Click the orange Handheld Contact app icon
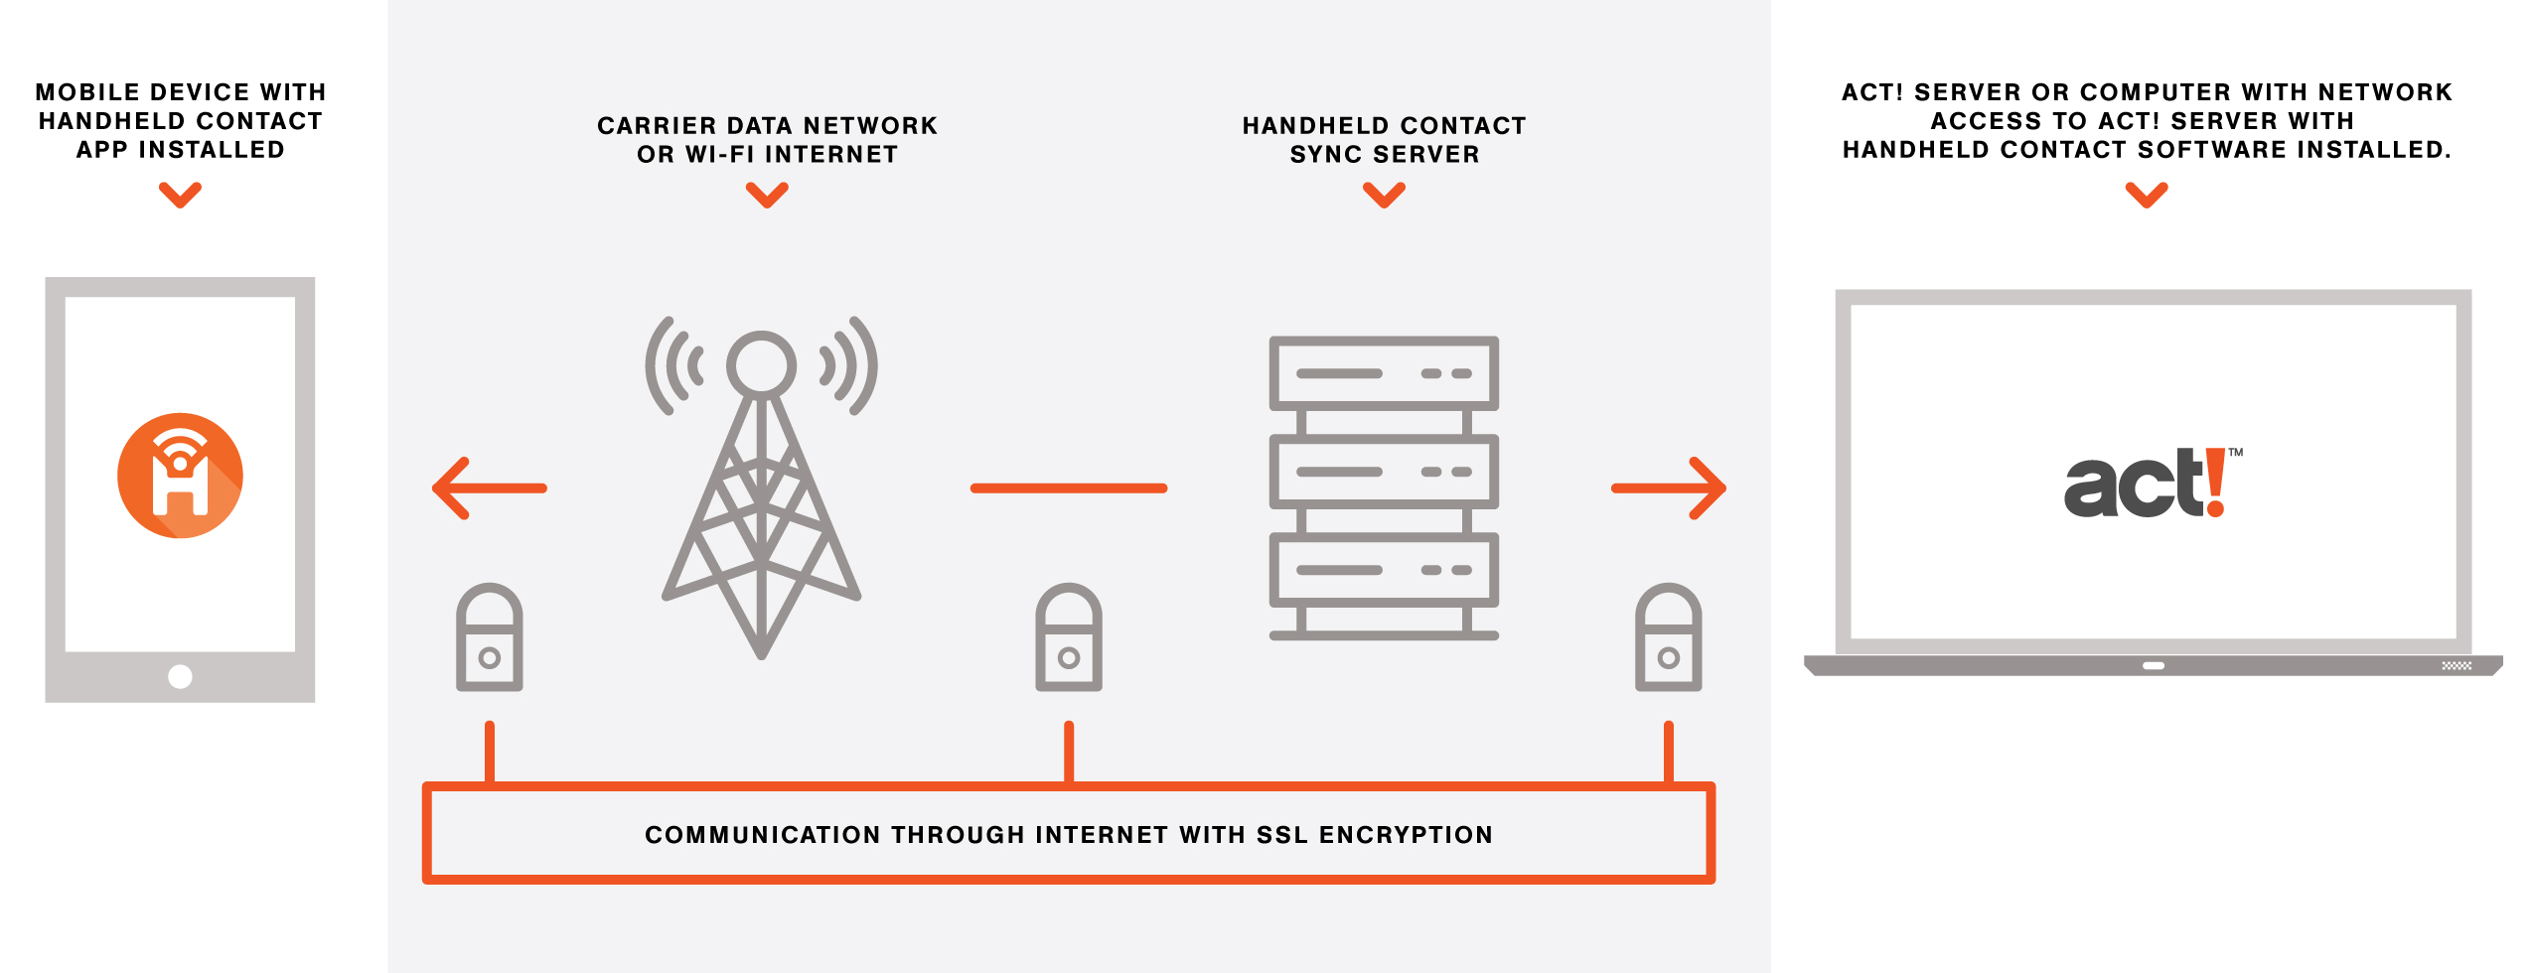(x=180, y=476)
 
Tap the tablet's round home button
(x=180, y=676)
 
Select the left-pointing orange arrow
(x=489, y=487)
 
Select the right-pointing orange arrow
(x=1669, y=487)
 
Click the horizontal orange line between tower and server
(x=1068, y=487)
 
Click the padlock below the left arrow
(x=489, y=637)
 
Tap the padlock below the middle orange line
(x=1068, y=637)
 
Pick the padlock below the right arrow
(x=1668, y=637)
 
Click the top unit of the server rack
(x=1383, y=373)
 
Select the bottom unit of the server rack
(x=1383, y=570)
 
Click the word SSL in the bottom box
(x=1281, y=835)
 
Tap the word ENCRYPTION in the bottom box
(x=1406, y=835)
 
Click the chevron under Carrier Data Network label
(x=767, y=195)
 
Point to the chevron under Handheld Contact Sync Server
(x=1384, y=195)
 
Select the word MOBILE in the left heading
(x=86, y=92)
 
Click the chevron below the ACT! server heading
(x=2146, y=195)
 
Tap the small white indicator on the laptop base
(x=2153, y=666)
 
